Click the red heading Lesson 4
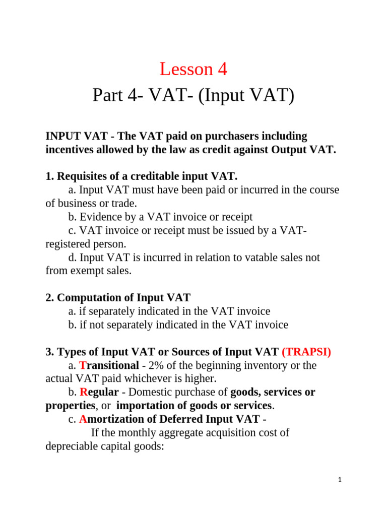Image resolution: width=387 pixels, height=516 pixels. click(193, 70)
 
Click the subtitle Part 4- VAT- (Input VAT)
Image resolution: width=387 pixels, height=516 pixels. click(193, 95)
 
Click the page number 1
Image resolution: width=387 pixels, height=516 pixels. click(340, 480)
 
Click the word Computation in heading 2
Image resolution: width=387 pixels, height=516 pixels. click(87, 298)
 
